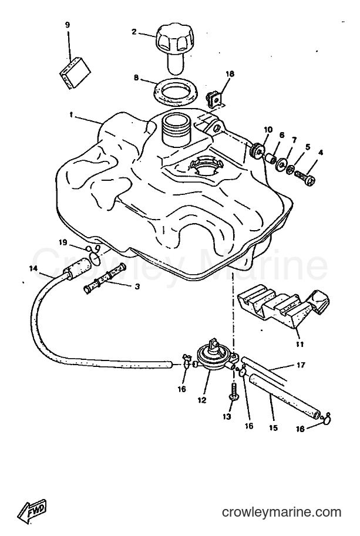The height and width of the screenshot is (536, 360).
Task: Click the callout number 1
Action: pyautogui.click(x=71, y=115)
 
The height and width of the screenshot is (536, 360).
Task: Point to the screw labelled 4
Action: pyautogui.click(x=304, y=178)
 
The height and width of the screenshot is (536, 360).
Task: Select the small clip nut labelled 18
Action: pyautogui.click(x=214, y=99)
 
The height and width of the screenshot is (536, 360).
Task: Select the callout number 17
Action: pyautogui.click(x=301, y=365)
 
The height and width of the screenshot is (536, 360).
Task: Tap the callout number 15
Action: pyautogui.click(x=273, y=427)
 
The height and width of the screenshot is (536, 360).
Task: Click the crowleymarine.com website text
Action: pyautogui.click(x=282, y=512)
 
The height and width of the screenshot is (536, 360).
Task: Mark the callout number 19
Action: pyautogui.click(x=63, y=242)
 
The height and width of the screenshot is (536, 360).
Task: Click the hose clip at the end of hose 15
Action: pyautogui.click(x=326, y=418)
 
